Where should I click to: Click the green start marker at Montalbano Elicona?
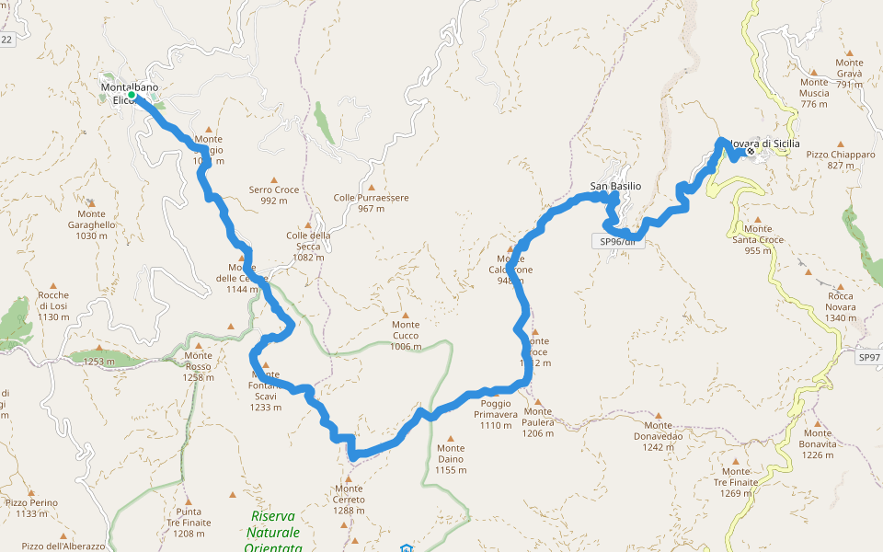pos(132,95)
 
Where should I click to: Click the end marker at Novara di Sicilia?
pos(751,151)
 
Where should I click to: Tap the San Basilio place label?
pos(615,187)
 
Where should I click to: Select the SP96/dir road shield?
pos(617,242)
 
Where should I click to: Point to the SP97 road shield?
pos(868,356)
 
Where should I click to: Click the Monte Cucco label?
pos(406,335)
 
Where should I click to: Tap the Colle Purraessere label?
pos(371,202)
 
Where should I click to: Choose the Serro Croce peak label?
pos(274,195)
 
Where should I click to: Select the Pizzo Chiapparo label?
pos(841,160)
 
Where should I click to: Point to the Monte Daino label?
pos(451,464)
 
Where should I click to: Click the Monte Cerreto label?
pos(350,493)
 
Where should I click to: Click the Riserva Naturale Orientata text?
pos(274,532)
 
